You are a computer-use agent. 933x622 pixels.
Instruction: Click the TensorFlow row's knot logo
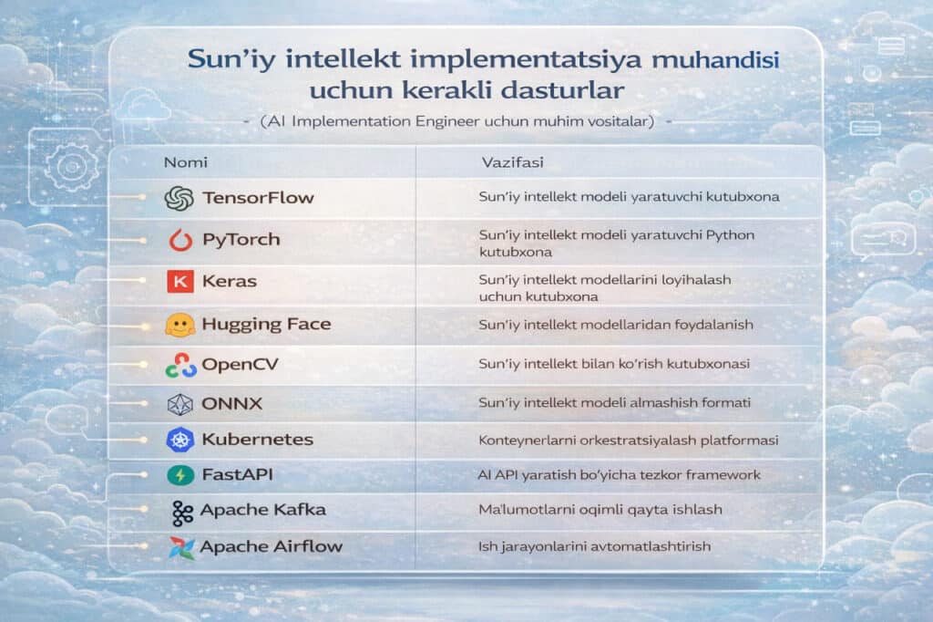(x=179, y=199)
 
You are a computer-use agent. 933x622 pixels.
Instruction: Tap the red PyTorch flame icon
(x=180, y=240)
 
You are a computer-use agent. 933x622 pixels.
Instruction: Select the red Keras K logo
(x=180, y=281)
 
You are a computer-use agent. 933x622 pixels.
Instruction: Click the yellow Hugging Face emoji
(x=180, y=326)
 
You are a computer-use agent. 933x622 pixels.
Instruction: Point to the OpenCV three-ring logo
(x=181, y=365)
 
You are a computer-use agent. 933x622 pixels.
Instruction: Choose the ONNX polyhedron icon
(x=179, y=405)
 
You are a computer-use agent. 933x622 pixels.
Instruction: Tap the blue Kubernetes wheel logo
(x=179, y=440)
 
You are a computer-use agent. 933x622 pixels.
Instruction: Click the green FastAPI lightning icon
(x=180, y=475)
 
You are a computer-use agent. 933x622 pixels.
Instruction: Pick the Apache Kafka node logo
(x=182, y=513)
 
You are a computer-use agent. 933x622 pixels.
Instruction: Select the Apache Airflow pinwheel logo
(x=181, y=547)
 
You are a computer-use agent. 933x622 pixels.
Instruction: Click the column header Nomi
(x=186, y=162)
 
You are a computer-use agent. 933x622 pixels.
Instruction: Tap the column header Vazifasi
(x=512, y=162)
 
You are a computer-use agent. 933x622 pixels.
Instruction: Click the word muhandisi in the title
(x=715, y=59)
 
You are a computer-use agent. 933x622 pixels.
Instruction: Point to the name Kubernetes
(x=258, y=439)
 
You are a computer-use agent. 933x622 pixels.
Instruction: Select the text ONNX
(x=232, y=404)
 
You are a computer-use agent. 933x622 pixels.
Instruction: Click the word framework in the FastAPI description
(x=723, y=475)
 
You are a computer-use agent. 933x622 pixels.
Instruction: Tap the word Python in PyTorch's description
(x=730, y=235)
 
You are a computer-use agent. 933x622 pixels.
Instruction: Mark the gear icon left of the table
(x=71, y=166)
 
